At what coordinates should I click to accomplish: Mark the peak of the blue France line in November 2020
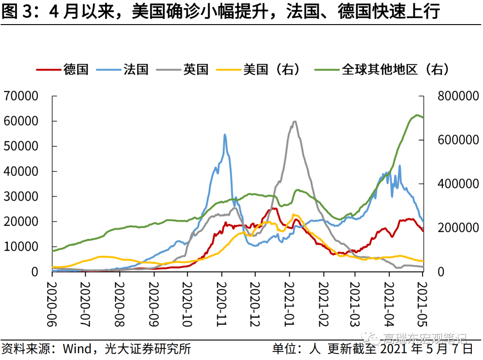(225, 134)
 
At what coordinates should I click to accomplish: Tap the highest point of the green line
(417, 115)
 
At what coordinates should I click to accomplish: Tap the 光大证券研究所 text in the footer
(148, 348)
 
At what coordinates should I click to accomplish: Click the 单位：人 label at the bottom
(296, 348)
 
